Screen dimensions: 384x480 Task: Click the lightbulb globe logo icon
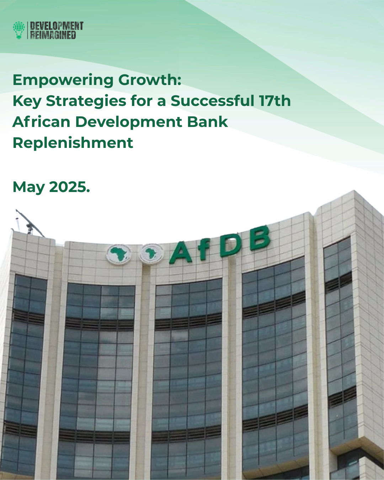pyautogui.click(x=19, y=30)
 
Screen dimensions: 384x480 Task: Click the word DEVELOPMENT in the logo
pyautogui.click(x=57, y=26)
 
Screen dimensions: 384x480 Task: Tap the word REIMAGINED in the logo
pyautogui.click(x=53, y=35)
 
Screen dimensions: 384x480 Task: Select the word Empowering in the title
pyautogui.click(x=63, y=80)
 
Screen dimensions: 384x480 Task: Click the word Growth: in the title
pyautogui.click(x=150, y=80)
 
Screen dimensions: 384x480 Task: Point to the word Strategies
pyautogui.click(x=86, y=101)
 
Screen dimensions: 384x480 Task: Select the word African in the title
pyautogui.click(x=41, y=122)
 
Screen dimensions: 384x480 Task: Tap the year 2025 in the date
pyautogui.click(x=68, y=187)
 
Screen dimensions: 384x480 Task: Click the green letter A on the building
pyautogui.click(x=181, y=252)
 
